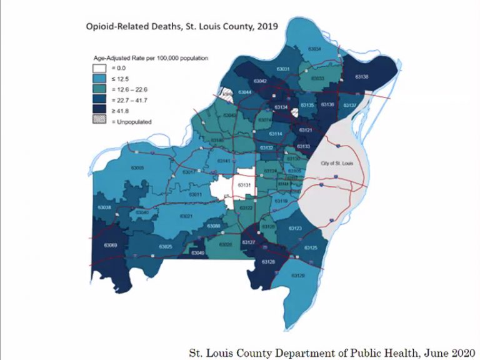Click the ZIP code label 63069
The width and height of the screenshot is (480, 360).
pos(109,245)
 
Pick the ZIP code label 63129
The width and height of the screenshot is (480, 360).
pos(299,275)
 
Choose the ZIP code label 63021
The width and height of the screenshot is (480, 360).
pos(186,216)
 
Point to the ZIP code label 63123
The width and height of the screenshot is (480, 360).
pos(295,229)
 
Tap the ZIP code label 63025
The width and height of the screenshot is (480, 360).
pos(166,247)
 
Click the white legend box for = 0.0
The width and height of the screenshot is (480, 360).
pos(98,67)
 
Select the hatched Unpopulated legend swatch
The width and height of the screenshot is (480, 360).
pos(98,121)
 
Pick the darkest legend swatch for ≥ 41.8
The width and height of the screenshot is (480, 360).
pos(98,111)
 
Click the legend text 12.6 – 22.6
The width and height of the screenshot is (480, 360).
pos(133,89)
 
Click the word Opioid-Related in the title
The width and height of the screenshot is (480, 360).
pos(115,27)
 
